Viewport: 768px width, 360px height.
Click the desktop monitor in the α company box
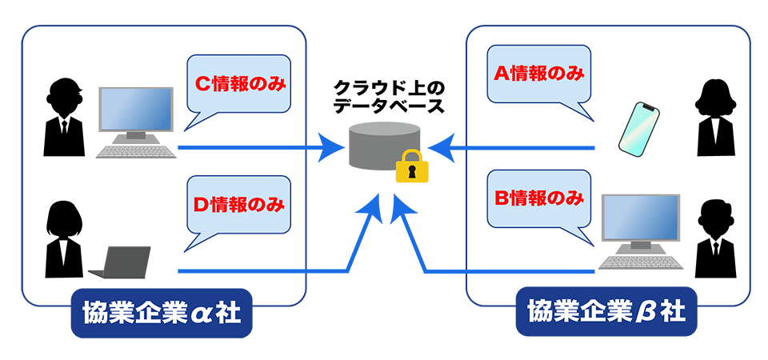[135, 110]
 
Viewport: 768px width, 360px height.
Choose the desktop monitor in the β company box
[640, 221]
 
